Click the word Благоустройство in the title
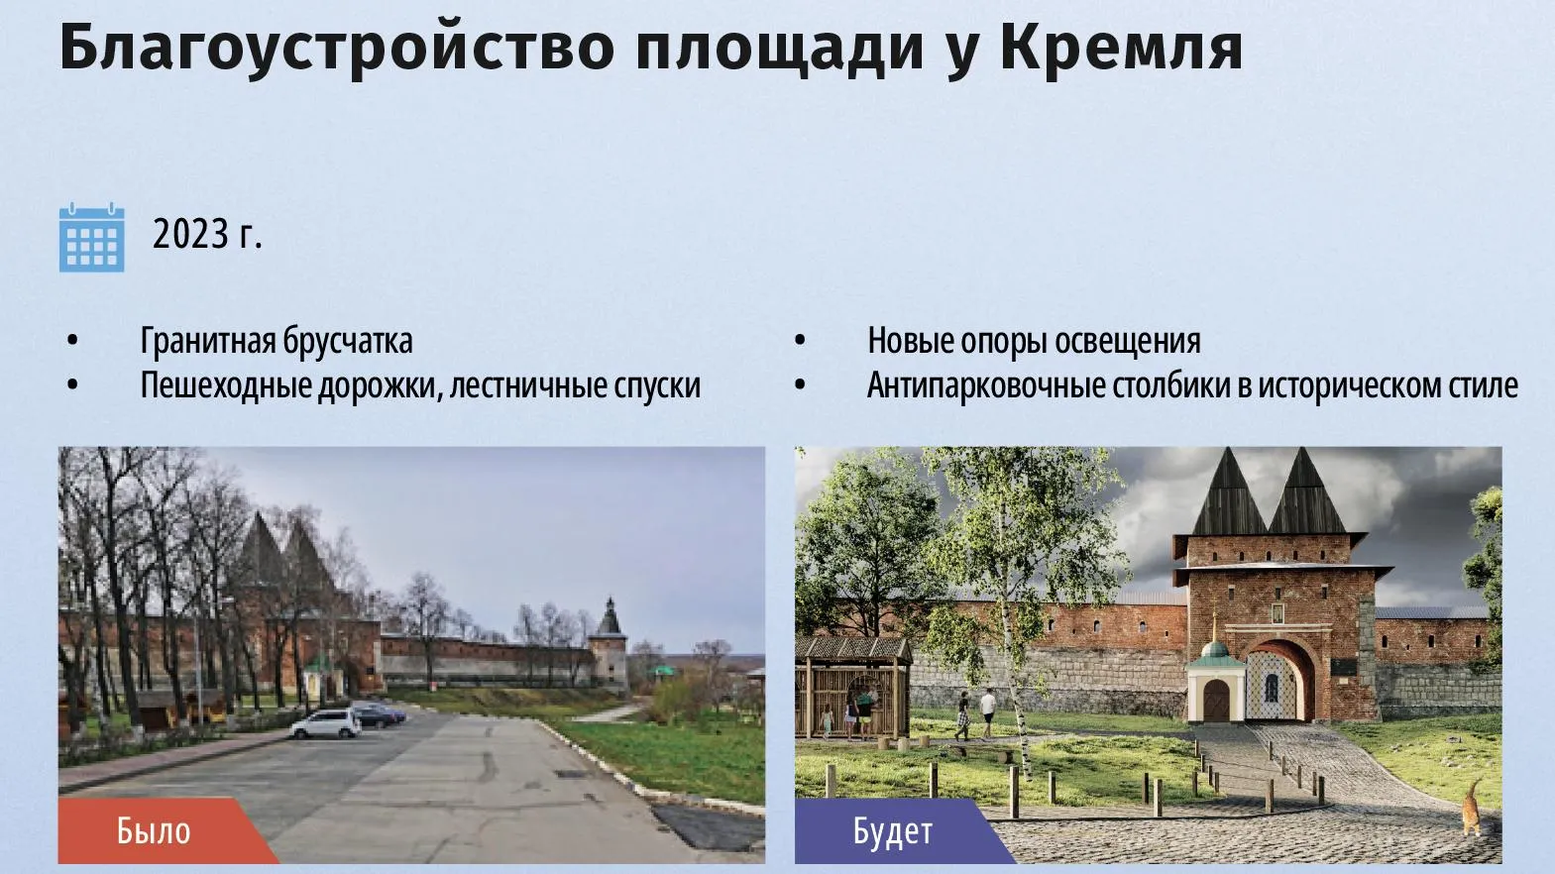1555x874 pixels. [337, 49]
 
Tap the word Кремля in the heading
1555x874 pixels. [1121, 49]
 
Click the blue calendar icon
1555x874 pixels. [91, 238]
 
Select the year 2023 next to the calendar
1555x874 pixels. [190, 234]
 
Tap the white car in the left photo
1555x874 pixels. [326, 724]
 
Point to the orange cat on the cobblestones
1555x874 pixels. [1471, 808]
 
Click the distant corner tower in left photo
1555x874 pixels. [609, 644]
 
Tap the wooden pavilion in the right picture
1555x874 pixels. [852, 688]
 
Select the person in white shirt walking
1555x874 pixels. [988, 712]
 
